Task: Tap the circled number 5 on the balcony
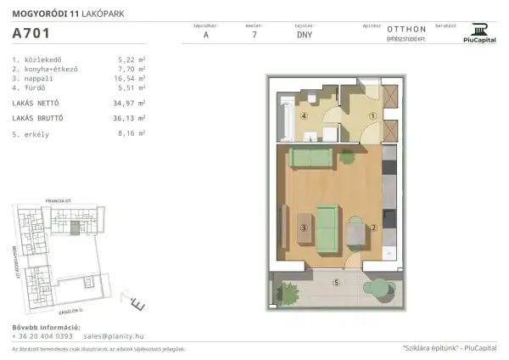[336, 282]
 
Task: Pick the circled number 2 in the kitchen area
[372, 228]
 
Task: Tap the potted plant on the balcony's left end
[289, 293]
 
